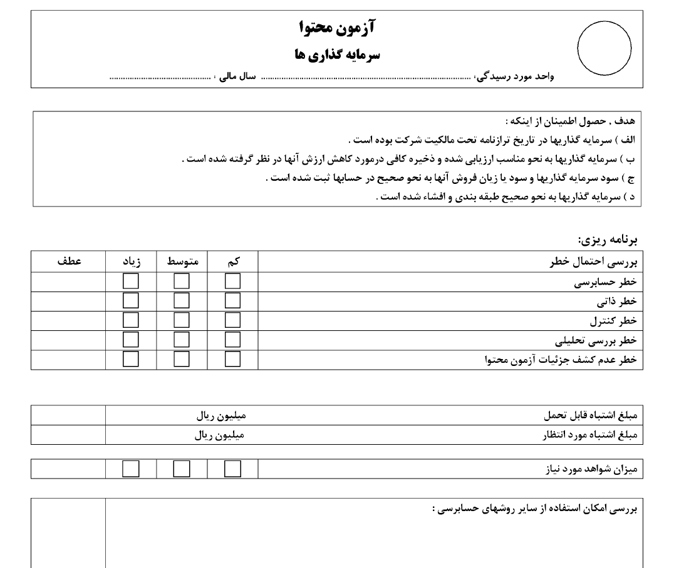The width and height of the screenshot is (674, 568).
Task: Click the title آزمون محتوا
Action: coord(337,28)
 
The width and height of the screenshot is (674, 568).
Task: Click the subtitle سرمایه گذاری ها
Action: coord(337,54)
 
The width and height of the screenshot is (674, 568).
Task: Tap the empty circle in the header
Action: coord(603,48)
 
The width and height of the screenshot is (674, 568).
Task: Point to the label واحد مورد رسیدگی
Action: coord(514,77)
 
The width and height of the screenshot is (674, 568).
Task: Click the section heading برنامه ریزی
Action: coord(607,240)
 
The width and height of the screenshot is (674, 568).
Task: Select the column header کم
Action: coord(233,262)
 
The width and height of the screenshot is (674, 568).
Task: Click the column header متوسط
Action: coord(182,262)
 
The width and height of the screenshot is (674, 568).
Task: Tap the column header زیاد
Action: coord(131,262)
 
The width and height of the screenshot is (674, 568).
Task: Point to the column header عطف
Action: coord(68,262)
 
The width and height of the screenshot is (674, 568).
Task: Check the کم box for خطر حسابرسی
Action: coord(232,282)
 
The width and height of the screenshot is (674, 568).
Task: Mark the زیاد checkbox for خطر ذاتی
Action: coord(131,302)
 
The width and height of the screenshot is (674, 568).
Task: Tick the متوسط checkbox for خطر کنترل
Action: coord(182,321)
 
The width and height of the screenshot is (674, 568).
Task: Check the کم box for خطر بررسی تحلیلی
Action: coord(232,340)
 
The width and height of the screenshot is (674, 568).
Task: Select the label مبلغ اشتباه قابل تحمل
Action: coord(589,416)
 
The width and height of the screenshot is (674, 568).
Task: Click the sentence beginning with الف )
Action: coord(492,139)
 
